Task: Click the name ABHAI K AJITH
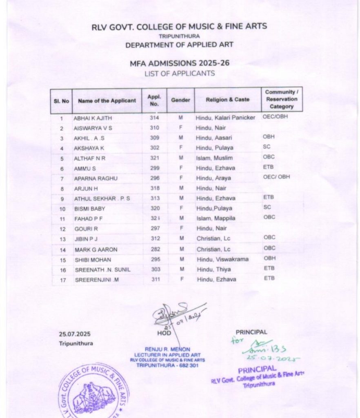(x=92, y=118)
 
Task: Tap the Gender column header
(x=180, y=100)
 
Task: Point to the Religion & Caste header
(x=227, y=100)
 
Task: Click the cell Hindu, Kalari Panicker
(x=225, y=118)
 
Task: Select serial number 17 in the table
(x=62, y=280)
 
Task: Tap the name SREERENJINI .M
(x=94, y=280)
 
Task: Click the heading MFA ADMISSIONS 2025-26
(x=179, y=64)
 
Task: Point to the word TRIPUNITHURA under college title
(x=179, y=36)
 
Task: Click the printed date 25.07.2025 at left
(x=74, y=334)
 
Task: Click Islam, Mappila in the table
(x=216, y=218)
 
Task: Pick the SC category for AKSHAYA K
(x=267, y=146)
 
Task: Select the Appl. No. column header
(x=154, y=100)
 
